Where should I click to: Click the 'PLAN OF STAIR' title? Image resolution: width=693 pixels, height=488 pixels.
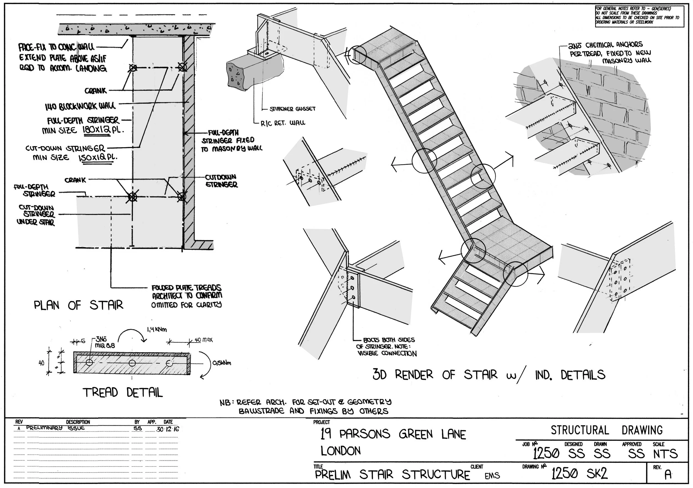pos(78,305)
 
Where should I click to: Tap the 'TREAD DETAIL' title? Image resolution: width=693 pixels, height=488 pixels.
pos(123,393)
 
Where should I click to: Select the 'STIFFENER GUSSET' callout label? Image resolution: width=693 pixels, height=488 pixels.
pos(292,109)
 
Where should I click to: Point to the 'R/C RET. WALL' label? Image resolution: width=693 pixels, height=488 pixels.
pos(283,123)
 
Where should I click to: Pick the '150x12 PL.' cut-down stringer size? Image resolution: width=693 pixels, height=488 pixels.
pos(97,157)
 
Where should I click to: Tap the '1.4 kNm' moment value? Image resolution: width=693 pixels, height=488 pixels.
pos(157,329)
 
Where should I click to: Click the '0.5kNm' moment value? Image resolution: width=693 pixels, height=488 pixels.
pos(222,363)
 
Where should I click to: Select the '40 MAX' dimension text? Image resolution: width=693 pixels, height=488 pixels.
pos(204,340)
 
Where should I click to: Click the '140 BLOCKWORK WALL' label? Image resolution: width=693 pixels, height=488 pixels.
pos(80,106)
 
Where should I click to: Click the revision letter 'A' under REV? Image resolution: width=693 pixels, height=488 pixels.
pos(668,475)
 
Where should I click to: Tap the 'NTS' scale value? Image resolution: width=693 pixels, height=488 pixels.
pos(665,454)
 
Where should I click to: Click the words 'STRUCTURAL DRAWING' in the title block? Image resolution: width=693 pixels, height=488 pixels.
pos(607,430)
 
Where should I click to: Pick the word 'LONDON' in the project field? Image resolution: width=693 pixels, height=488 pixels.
pos(340,451)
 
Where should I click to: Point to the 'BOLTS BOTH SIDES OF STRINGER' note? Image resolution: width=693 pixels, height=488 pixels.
pos(386,346)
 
